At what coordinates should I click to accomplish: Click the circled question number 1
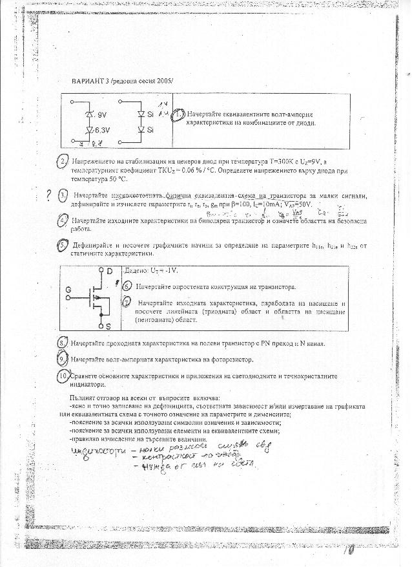point(181,113)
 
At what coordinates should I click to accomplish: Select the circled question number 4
point(63,221)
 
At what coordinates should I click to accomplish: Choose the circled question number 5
point(63,246)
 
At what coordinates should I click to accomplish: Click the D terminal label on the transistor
point(109,270)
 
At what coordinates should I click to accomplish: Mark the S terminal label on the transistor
point(108,325)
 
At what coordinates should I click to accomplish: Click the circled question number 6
point(127,286)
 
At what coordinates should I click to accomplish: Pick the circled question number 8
point(63,342)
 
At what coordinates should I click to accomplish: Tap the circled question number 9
point(63,358)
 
